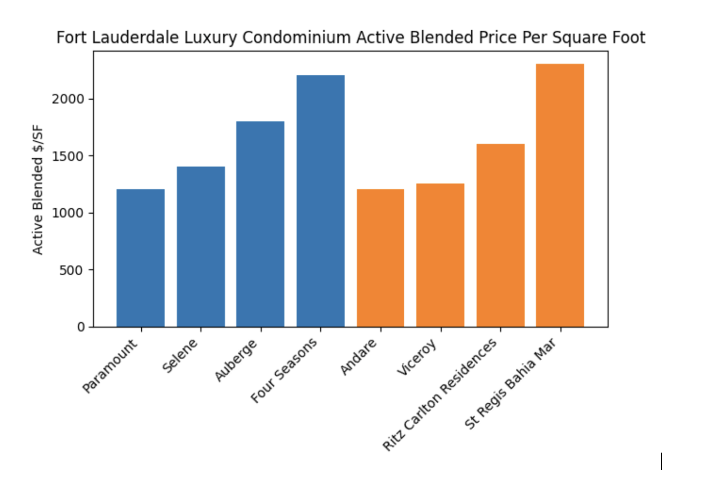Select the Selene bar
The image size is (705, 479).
(200, 246)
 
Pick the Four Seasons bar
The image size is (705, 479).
(320, 201)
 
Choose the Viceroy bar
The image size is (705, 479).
(440, 255)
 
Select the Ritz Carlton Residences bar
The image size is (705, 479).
(500, 235)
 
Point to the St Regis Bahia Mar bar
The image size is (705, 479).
(560, 195)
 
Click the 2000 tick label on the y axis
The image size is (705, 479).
(68, 99)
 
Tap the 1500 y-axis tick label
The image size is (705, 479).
(68, 156)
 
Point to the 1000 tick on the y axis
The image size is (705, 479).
(68, 213)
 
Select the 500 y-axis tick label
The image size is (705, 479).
(71, 270)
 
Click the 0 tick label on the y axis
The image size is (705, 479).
(81, 327)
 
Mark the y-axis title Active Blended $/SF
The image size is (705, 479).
(38, 190)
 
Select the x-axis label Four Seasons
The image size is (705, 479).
(285, 370)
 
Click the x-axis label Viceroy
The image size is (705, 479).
(417, 357)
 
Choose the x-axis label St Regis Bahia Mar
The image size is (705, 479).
(510, 383)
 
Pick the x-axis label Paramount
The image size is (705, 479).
(110, 366)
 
